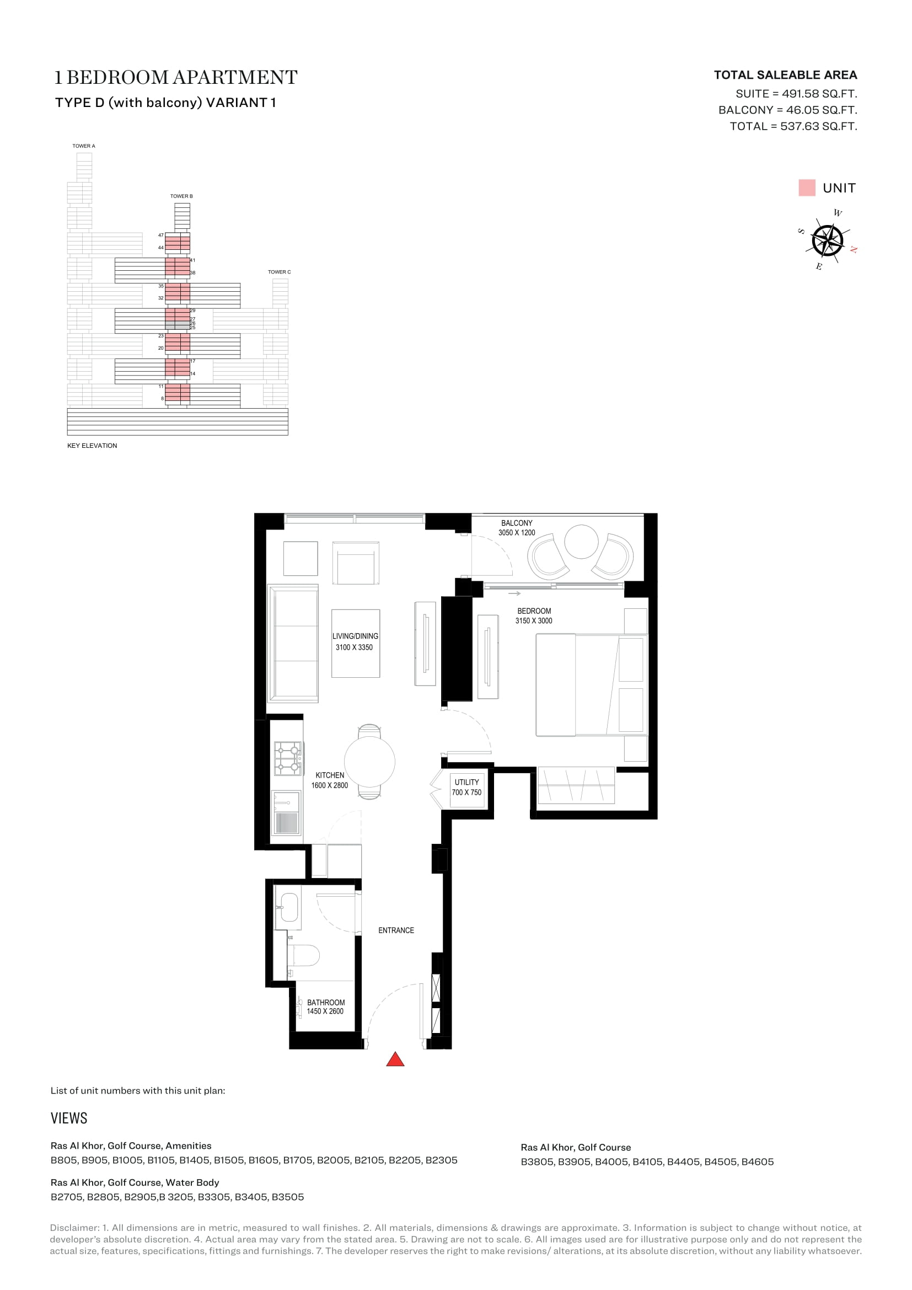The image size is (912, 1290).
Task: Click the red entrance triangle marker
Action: pyautogui.click(x=395, y=1059)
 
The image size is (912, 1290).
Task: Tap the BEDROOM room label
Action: pyautogui.click(x=534, y=611)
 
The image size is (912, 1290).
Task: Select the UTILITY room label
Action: pyautogui.click(x=466, y=782)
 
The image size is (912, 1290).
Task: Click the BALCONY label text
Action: pyautogui.click(x=517, y=523)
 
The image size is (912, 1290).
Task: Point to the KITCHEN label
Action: pyautogui.click(x=330, y=775)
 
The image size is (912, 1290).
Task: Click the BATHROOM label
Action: pyautogui.click(x=326, y=1002)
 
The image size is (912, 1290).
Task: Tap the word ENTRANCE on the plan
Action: pyautogui.click(x=396, y=930)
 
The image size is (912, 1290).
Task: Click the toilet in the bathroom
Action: pyautogui.click(x=303, y=955)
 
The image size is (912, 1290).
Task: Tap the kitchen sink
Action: pyautogui.click(x=286, y=813)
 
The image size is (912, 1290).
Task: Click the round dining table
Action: pyautogui.click(x=369, y=762)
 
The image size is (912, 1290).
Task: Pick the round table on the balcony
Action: pyautogui.click(x=581, y=542)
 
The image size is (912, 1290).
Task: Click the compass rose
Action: pyautogui.click(x=827, y=240)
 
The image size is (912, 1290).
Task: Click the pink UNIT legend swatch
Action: pyautogui.click(x=807, y=188)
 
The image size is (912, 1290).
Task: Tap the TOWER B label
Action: pyautogui.click(x=181, y=196)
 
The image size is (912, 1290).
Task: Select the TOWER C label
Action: pyautogui.click(x=279, y=272)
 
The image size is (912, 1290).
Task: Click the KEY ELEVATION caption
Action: pyautogui.click(x=92, y=446)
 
